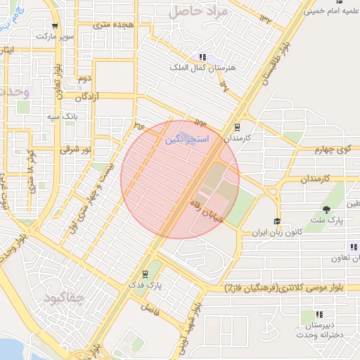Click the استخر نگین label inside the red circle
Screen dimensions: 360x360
tap(187, 140)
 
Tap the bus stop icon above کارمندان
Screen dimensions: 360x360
tap(237, 128)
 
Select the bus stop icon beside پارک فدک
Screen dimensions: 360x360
tap(144, 274)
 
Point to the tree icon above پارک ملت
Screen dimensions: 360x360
tap(326, 210)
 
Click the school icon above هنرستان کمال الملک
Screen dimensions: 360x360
tap(202, 57)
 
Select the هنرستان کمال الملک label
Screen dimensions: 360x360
tap(202, 68)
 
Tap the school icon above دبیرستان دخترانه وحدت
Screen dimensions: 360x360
tap(319, 314)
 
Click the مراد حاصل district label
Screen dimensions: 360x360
tap(200, 11)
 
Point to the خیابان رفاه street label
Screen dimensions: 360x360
tap(207, 209)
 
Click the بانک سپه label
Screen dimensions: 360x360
tap(62, 115)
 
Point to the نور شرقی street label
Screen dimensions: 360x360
tap(75, 149)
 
